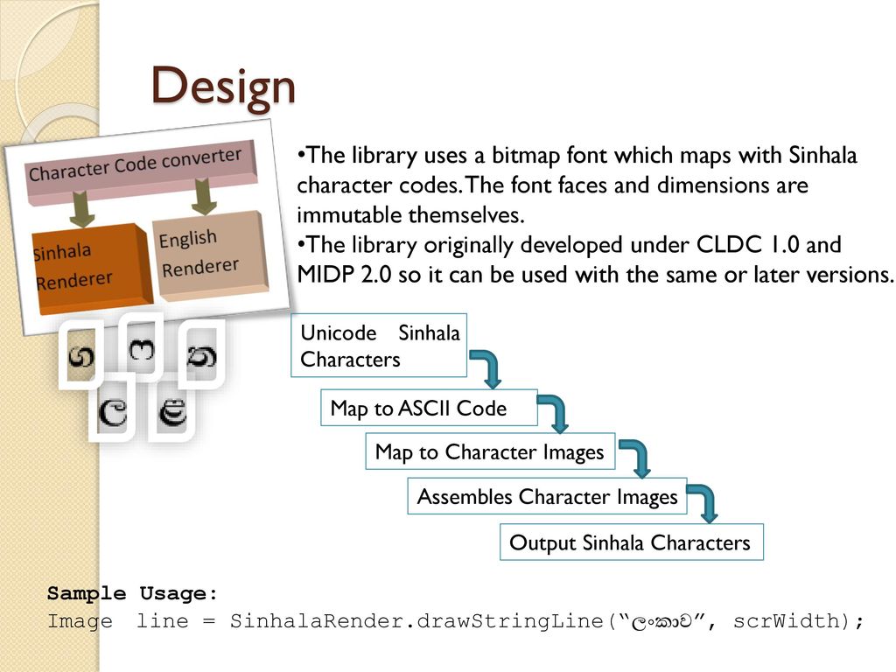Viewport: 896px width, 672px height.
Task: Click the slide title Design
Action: click(223, 87)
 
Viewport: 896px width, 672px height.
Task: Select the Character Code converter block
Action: click(136, 165)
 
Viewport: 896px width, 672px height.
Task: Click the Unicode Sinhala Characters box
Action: click(379, 345)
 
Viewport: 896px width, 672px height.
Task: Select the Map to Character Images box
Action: click(489, 451)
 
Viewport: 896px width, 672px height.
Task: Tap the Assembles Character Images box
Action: click(547, 497)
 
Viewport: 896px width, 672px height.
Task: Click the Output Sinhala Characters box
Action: click(630, 542)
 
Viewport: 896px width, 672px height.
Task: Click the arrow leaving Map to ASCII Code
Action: click(554, 410)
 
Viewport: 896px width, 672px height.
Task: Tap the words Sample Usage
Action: click(133, 594)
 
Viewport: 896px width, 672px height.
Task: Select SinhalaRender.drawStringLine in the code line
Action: click(416, 621)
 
